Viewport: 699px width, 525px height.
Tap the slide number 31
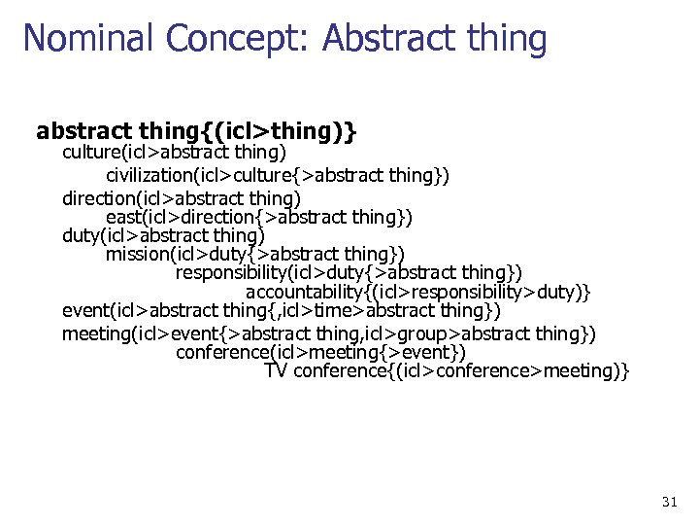point(669,502)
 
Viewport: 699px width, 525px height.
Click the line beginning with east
point(259,216)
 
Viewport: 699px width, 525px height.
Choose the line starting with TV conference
point(447,370)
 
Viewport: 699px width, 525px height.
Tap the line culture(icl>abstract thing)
point(174,153)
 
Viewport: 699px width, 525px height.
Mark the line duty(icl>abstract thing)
point(163,234)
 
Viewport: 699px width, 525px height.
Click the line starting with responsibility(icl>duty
point(349,272)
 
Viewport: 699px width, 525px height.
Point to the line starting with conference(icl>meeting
point(320,351)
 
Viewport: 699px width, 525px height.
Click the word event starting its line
point(84,311)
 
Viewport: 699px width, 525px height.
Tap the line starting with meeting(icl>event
point(329,333)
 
